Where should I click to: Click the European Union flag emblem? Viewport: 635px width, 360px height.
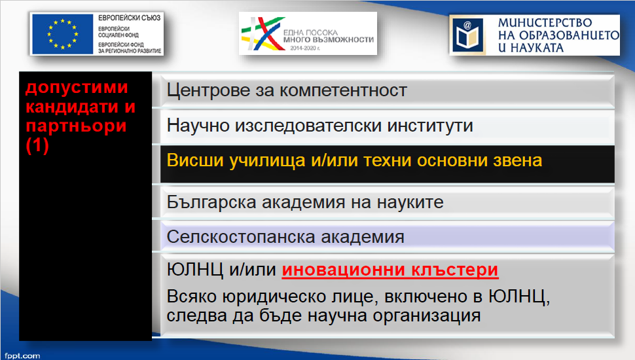[x=63, y=34]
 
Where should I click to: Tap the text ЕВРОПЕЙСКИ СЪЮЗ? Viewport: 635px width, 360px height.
[x=129, y=18]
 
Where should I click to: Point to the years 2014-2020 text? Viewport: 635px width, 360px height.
[x=305, y=48]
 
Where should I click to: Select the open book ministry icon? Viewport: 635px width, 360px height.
[x=468, y=35]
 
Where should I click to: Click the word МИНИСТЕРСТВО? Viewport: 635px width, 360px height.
[x=545, y=23]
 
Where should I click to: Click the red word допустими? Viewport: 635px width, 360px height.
[x=77, y=88]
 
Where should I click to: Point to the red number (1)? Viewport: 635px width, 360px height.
[x=37, y=145]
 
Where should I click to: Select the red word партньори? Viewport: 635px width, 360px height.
[x=76, y=126]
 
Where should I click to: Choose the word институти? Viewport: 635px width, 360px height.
[x=430, y=126]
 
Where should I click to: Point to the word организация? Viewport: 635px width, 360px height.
[x=426, y=316]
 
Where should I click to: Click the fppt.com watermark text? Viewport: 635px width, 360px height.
[x=23, y=356]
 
